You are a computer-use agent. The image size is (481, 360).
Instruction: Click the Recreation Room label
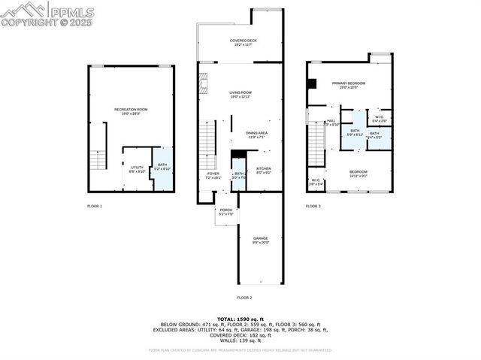point(131,111)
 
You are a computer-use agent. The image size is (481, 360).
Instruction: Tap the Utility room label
point(137,169)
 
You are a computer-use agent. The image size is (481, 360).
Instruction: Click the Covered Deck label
point(240,42)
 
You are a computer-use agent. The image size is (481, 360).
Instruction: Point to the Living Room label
point(240,94)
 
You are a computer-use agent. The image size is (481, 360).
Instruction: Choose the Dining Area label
point(257,135)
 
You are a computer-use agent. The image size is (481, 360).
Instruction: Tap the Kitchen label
point(263,170)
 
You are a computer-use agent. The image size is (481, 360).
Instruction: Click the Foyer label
point(213,176)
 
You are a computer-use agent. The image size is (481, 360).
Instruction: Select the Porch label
point(225,212)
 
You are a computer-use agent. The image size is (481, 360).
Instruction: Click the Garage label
point(261,240)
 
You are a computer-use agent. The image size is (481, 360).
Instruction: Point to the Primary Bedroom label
point(349,84)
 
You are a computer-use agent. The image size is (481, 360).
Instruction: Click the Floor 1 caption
point(95,205)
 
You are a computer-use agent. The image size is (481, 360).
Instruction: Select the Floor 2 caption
point(244,298)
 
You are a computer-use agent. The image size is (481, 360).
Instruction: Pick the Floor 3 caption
point(313,205)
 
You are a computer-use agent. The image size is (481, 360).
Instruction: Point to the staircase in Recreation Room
point(97,159)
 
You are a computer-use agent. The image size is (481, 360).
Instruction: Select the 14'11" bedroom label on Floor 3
point(358,174)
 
